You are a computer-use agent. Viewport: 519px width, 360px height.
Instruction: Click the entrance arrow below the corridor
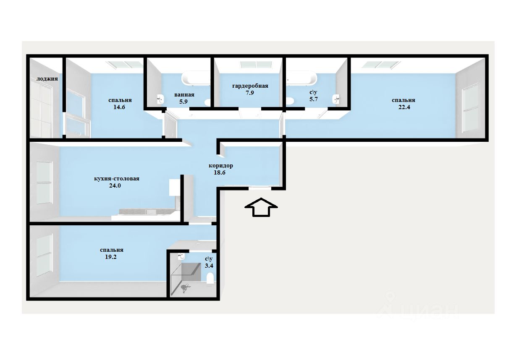click(261, 207)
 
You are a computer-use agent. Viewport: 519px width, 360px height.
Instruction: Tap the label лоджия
click(47, 78)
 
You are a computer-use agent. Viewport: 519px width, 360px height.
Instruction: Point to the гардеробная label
click(250, 86)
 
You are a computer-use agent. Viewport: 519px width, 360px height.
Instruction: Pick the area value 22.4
click(404, 107)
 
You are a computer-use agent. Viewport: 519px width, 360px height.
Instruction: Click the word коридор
click(221, 165)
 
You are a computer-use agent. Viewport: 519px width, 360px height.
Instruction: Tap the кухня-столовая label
click(117, 178)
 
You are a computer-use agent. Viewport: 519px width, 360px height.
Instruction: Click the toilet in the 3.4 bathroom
click(210, 278)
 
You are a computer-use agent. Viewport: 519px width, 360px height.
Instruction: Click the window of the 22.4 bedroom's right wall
click(470, 107)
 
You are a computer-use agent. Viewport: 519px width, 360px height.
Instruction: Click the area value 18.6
click(220, 172)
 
